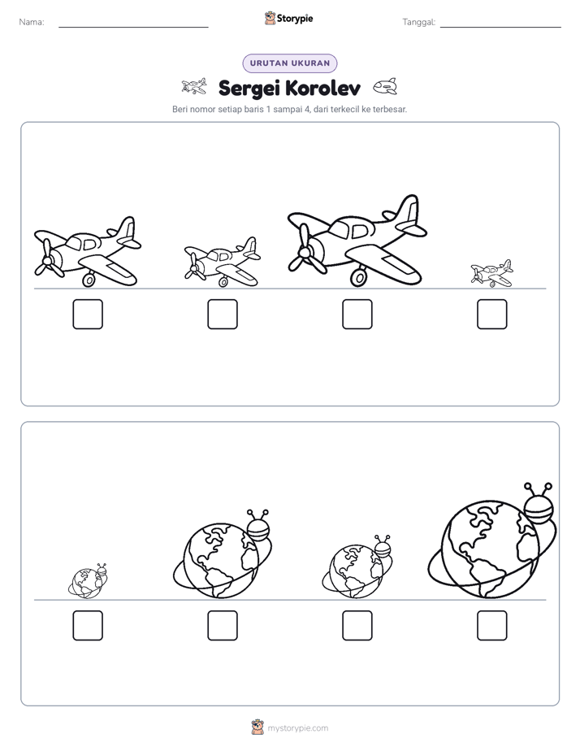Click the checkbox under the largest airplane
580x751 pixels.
point(357,315)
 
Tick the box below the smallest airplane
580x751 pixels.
point(492,315)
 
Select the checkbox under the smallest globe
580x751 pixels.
point(88,626)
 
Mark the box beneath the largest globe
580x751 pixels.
point(492,626)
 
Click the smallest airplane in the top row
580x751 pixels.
point(491,273)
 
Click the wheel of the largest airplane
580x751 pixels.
point(358,277)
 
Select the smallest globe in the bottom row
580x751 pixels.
point(88,581)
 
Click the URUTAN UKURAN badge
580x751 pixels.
point(290,63)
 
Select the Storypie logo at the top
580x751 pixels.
point(288,18)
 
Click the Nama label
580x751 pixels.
point(32,22)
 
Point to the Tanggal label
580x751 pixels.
point(418,22)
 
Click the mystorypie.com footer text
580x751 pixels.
point(297,728)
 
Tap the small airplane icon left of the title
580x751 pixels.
point(194,86)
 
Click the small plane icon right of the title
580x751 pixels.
point(385,87)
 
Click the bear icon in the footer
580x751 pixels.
point(258,727)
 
